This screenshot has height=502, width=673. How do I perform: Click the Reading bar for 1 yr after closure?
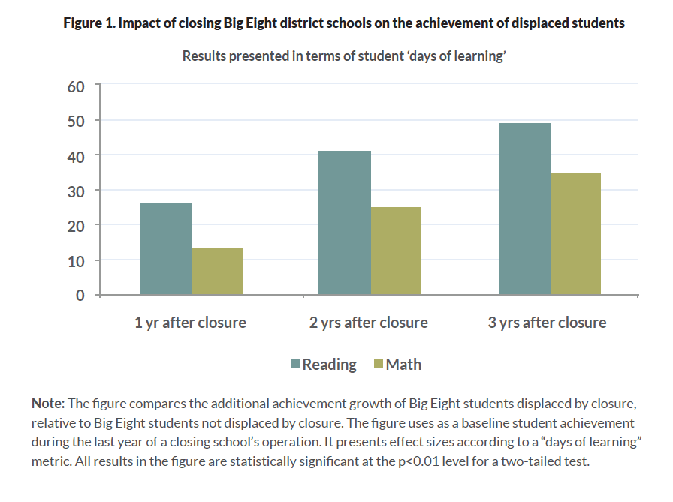pyautogui.click(x=165, y=248)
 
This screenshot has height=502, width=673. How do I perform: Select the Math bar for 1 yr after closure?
pyautogui.click(x=217, y=271)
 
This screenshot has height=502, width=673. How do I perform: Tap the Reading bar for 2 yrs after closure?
pyautogui.click(x=345, y=223)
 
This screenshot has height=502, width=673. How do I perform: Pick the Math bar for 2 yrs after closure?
pyautogui.click(x=396, y=251)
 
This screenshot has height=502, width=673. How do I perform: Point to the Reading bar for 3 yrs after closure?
pyautogui.click(x=524, y=209)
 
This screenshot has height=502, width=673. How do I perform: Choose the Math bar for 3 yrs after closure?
pyautogui.click(x=575, y=234)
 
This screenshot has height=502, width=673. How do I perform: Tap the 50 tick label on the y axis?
pyautogui.click(x=76, y=120)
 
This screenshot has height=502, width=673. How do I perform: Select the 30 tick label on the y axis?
pyautogui.click(x=76, y=191)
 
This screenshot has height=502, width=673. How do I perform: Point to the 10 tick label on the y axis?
pyautogui.click(x=76, y=260)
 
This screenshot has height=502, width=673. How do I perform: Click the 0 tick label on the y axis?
pyautogui.click(x=80, y=295)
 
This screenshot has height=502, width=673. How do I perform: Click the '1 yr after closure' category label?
pyautogui.click(x=190, y=323)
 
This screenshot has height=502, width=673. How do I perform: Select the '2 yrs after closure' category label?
pyautogui.click(x=369, y=323)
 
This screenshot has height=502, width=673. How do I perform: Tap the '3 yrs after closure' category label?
pyautogui.click(x=547, y=323)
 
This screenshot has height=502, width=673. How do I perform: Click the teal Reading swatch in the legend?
pyautogui.click(x=295, y=365)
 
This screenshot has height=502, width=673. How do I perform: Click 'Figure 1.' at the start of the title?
pyautogui.click(x=88, y=23)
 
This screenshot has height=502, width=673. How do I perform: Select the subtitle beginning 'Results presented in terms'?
pyautogui.click(x=343, y=56)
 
